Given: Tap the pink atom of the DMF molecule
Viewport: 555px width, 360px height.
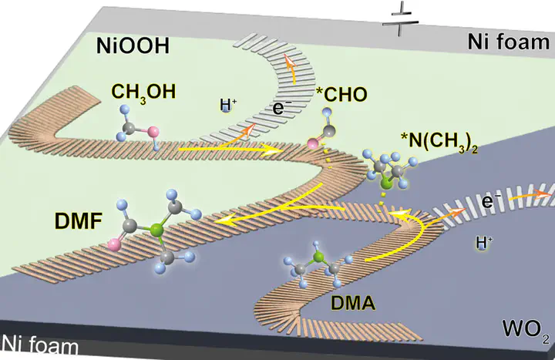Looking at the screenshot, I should click(x=116, y=246).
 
